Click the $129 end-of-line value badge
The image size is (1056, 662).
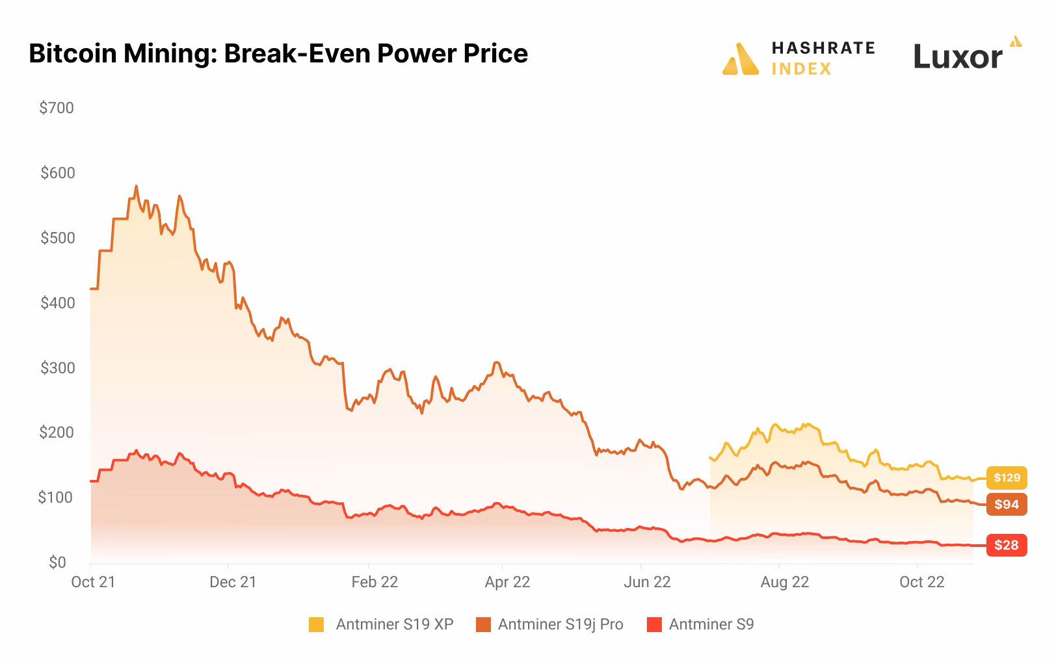pyautogui.click(x=1006, y=478)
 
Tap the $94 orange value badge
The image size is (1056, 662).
pyautogui.click(x=1006, y=505)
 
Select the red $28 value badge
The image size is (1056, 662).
pyautogui.click(x=1006, y=545)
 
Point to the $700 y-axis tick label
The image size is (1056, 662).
pyautogui.click(x=57, y=108)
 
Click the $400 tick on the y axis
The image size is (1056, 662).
pyautogui.click(x=57, y=303)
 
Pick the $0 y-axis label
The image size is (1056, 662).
pyautogui.click(x=57, y=563)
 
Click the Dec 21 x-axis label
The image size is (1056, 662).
pyautogui.click(x=233, y=582)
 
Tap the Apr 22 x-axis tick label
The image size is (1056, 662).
pyautogui.click(x=507, y=582)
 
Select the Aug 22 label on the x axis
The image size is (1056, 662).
pyautogui.click(x=784, y=582)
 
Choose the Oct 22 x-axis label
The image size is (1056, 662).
pyautogui.click(x=921, y=582)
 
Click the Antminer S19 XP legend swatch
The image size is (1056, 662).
pyautogui.click(x=316, y=625)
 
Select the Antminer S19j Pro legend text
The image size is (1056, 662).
pyautogui.click(x=560, y=625)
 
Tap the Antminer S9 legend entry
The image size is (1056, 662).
pyautogui.click(x=711, y=625)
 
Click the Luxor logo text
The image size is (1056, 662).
pyautogui.click(x=957, y=57)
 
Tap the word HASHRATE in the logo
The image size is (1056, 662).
pyautogui.click(x=823, y=48)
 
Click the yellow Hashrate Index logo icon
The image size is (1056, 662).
pyautogui.click(x=741, y=59)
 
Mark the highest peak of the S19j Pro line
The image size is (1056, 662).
pyautogui.click(x=136, y=186)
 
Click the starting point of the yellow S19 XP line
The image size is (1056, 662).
pyautogui.click(x=710, y=458)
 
